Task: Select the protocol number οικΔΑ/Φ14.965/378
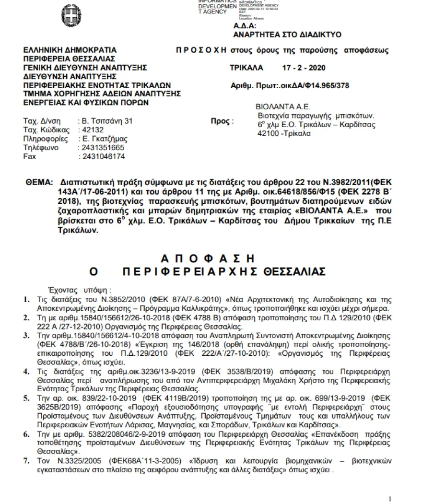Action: tap(313, 86)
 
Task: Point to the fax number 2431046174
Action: tap(104, 157)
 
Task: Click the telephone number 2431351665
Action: tap(104, 148)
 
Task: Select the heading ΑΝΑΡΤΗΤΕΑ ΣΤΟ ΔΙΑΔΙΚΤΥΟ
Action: tap(287, 35)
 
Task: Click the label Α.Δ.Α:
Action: tap(245, 26)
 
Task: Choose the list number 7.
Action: tap(27, 461)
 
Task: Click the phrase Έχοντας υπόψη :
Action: tap(80, 290)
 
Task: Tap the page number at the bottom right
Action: tap(390, 499)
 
